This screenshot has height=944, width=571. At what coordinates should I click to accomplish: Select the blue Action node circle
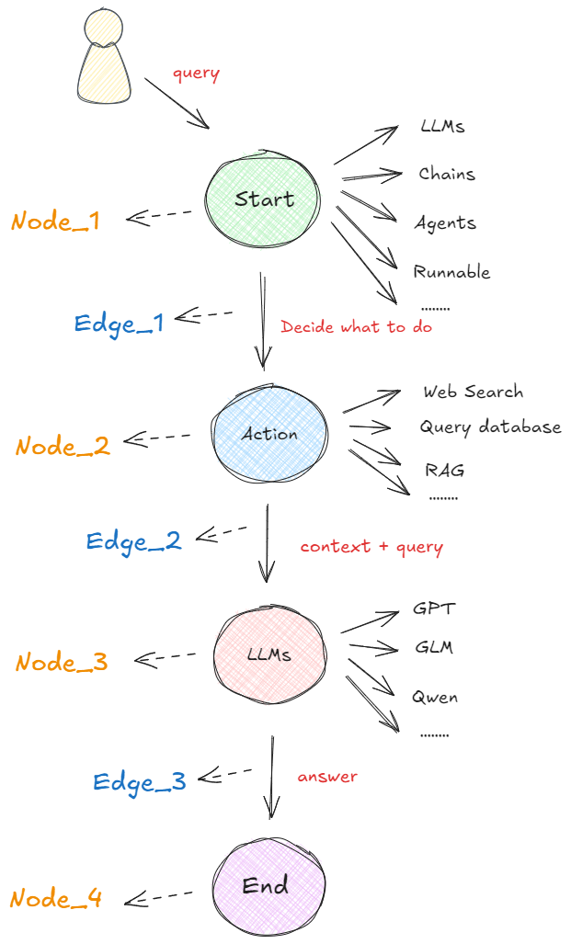(268, 434)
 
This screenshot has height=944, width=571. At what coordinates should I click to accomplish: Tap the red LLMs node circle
(268, 655)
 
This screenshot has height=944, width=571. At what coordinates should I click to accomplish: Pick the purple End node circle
(267, 886)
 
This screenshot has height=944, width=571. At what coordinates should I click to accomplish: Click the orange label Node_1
(55, 222)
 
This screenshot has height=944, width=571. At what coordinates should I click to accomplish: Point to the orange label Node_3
(62, 662)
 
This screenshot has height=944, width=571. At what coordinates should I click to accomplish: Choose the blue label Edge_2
(134, 540)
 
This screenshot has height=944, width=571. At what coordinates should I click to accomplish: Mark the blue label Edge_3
(140, 781)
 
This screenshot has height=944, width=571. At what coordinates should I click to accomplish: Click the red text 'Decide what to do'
(356, 326)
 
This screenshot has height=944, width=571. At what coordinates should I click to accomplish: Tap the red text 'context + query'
(371, 547)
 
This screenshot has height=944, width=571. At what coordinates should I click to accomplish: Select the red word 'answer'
(327, 777)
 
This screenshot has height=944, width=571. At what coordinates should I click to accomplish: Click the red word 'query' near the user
(196, 74)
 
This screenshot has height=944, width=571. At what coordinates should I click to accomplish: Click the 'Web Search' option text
(473, 392)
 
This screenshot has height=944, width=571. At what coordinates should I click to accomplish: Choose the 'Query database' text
(490, 427)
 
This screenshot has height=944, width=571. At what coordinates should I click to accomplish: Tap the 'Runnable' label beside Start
(451, 272)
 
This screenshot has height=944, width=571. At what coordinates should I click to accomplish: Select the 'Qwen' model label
(435, 697)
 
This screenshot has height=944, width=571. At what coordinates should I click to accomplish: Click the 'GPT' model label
(434, 609)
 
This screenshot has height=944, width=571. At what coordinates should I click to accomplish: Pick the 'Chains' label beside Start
(447, 174)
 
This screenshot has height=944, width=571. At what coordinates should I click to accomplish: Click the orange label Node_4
(57, 898)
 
